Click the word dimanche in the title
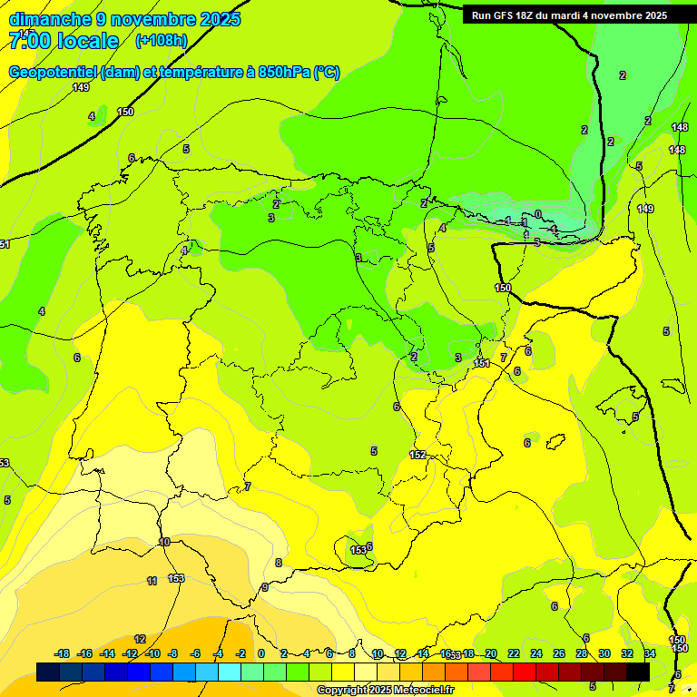point(50,19)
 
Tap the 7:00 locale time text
point(64,41)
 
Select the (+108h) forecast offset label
point(162,41)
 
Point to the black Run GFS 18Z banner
point(569,15)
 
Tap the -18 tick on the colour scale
point(62,653)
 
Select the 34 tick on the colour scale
point(650,653)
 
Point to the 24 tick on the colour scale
point(535,653)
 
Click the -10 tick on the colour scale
point(152,653)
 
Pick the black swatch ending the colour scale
point(638,672)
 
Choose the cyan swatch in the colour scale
point(230,672)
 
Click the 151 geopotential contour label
point(482,363)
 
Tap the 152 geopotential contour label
point(417,455)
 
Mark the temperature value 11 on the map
point(152,581)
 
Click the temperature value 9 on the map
point(265,587)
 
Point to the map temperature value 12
point(140,639)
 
